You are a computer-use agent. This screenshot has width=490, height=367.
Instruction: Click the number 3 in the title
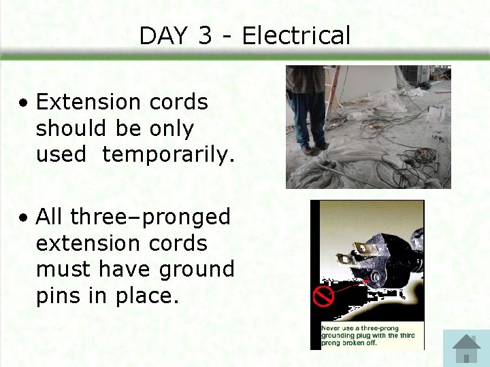pos(206,35)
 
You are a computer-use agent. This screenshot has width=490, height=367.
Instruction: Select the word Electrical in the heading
pos(296,35)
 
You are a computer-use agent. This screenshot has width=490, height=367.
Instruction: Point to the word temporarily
pos(168,154)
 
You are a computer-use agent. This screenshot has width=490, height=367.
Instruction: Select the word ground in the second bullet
pos(197,269)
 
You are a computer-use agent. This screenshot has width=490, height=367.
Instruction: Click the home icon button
pos(466,348)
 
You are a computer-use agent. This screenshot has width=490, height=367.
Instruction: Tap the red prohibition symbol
pos(322,296)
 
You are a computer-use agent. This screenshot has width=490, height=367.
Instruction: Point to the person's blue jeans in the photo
pos(310,116)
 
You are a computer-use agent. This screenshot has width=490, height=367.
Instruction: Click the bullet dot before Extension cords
pos(24,103)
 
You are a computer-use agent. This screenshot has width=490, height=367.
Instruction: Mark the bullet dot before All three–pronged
pos(24,218)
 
